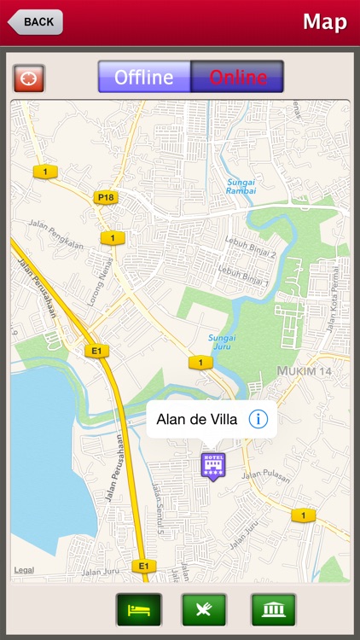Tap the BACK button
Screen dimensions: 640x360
point(34,22)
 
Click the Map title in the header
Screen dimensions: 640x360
point(324,22)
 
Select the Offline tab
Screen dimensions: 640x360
point(144,77)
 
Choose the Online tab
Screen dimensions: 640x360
point(237,77)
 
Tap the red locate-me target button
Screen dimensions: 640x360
point(28,78)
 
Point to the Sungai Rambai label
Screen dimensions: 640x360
point(241,186)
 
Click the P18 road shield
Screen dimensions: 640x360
point(105,197)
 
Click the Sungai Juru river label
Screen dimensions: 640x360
point(222,342)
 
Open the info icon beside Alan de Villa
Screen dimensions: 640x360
point(258,419)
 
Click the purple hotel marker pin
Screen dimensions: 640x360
point(212,466)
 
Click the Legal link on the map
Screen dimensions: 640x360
point(24,570)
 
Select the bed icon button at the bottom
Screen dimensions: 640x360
point(138,610)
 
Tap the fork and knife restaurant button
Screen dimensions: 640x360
point(204,610)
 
